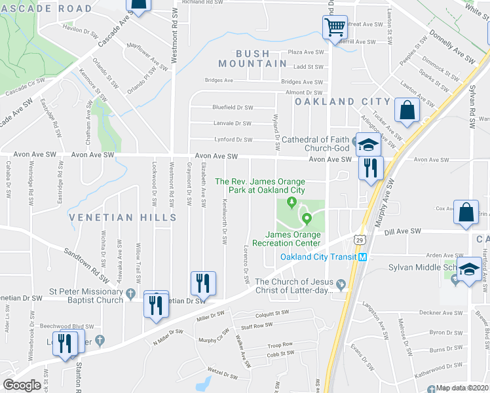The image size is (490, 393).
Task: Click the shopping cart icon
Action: click(x=335, y=28)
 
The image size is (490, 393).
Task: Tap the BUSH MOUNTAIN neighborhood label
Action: click(x=252, y=58)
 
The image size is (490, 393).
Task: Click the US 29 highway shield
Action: click(x=360, y=240)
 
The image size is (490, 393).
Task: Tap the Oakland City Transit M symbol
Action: click(x=361, y=257)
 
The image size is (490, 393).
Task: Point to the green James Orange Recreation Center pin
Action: click(x=306, y=217)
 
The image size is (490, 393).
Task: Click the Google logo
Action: click(x=22, y=384)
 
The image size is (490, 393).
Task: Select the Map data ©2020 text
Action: click(x=462, y=388)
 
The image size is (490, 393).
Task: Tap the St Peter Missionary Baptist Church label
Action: click(x=86, y=295)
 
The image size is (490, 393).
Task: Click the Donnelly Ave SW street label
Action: click(x=453, y=47)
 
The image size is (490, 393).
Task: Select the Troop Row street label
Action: click(x=280, y=345)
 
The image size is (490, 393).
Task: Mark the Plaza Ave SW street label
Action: click(x=307, y=52)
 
